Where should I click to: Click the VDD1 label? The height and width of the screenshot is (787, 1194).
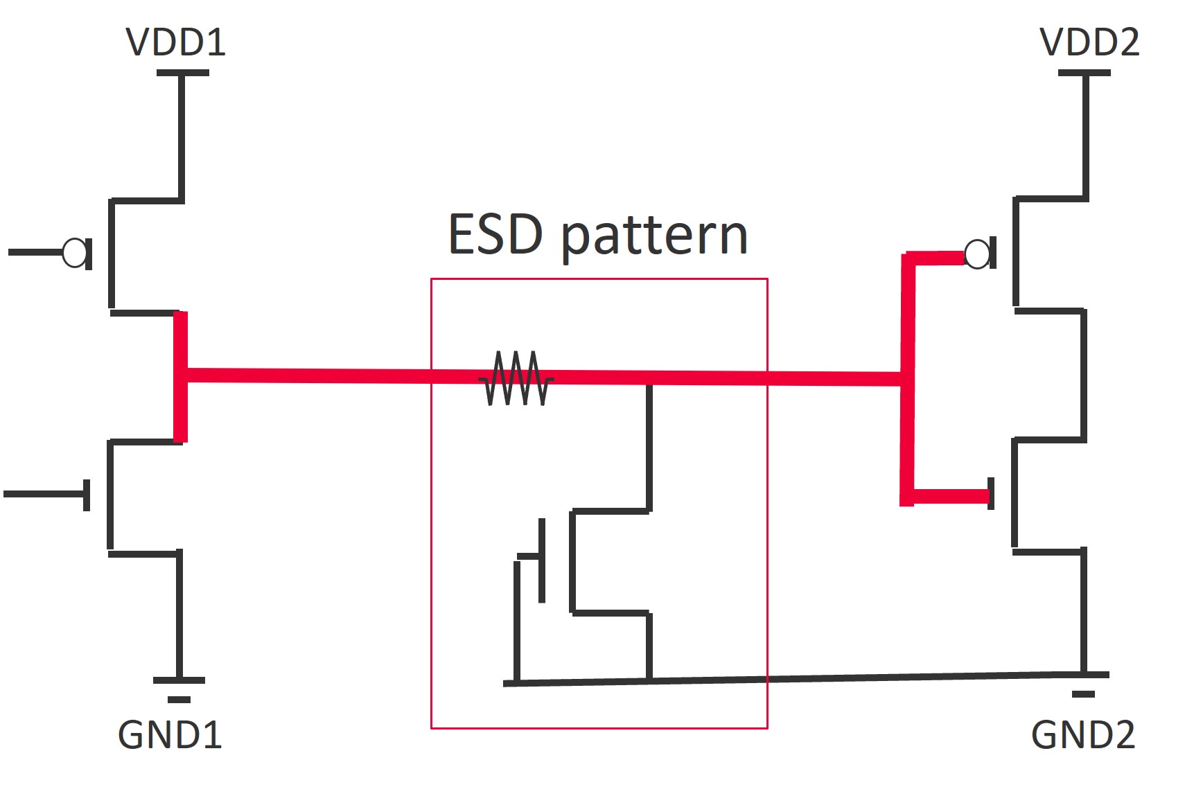click(176, 42)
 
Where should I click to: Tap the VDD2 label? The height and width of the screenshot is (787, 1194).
click(1090, 42)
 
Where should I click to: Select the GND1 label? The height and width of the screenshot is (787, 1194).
click(170, 735)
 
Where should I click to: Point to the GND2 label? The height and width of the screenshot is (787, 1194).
click(1083, 735)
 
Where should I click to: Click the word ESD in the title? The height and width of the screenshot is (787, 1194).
click(495, 234)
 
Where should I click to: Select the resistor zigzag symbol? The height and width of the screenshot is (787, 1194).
click(516, 378)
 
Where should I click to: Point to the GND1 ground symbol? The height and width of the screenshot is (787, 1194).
click(179, 689)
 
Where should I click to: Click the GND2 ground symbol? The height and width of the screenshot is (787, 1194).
click(1083, 684)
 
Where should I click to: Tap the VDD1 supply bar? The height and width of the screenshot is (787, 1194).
click(183, 73)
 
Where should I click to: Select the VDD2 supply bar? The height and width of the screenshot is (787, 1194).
click(1085, 73)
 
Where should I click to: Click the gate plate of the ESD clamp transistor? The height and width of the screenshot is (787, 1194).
click(542, 560)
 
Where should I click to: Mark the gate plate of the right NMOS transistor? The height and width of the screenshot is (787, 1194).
click(991, 494)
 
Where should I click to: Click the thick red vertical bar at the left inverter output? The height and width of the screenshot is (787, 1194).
click(180, 377)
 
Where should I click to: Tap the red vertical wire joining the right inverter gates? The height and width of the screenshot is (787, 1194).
click(907, 379)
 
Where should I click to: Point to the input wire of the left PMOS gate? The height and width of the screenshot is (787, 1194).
click(35, 252)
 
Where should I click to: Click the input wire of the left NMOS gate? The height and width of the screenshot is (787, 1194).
click(44, 494)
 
